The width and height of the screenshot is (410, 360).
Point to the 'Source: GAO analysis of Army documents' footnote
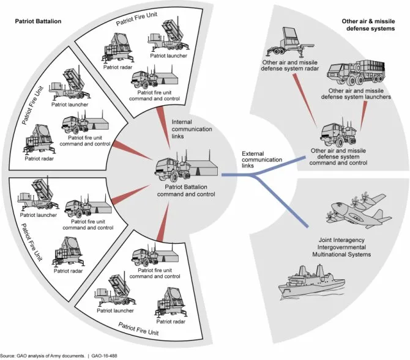click(x=43, y=355)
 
